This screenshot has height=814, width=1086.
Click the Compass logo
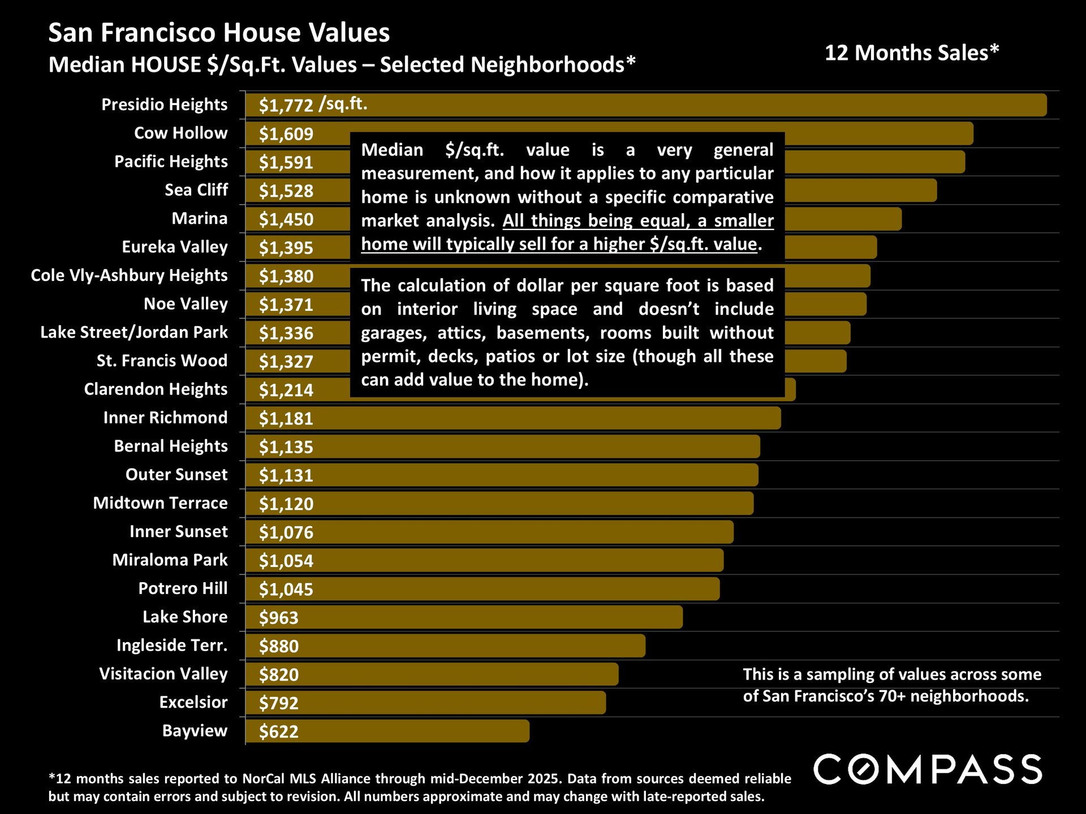click(928, 769)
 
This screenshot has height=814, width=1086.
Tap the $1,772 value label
click(286, 105)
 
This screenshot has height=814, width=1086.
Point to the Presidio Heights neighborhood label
click(164, 105)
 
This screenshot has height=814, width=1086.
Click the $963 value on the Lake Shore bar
click(278, 617)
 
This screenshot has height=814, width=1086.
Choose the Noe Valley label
click(186, 304)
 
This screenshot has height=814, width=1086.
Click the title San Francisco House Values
click(219, 33)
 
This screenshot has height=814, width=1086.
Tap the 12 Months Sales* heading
click(912, 53)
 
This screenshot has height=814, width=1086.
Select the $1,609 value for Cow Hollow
click(286, 134)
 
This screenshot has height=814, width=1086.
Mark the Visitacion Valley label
click(163, 674)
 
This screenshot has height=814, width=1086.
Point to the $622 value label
click(278, 731)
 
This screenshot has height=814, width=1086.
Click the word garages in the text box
click(393, 333)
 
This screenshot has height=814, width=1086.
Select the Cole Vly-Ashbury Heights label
click(129, 275)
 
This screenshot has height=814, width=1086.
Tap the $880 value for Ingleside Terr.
click(278, 646)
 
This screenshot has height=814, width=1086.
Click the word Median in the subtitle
click(86, 65)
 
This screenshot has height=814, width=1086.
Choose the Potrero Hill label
click(183, 588)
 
